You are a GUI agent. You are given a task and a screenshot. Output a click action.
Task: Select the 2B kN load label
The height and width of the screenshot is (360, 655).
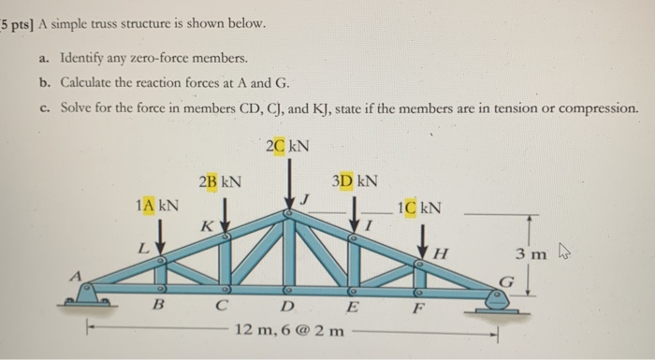[221, 180]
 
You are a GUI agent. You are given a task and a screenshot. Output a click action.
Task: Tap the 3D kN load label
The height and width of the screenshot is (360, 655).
[355, 180]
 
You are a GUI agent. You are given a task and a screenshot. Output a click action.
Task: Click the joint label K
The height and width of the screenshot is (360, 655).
[204, 227]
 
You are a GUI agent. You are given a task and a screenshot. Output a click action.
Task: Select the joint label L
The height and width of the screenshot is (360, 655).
[141, 250]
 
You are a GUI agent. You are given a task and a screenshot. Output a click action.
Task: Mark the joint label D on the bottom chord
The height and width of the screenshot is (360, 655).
[287, 308]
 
